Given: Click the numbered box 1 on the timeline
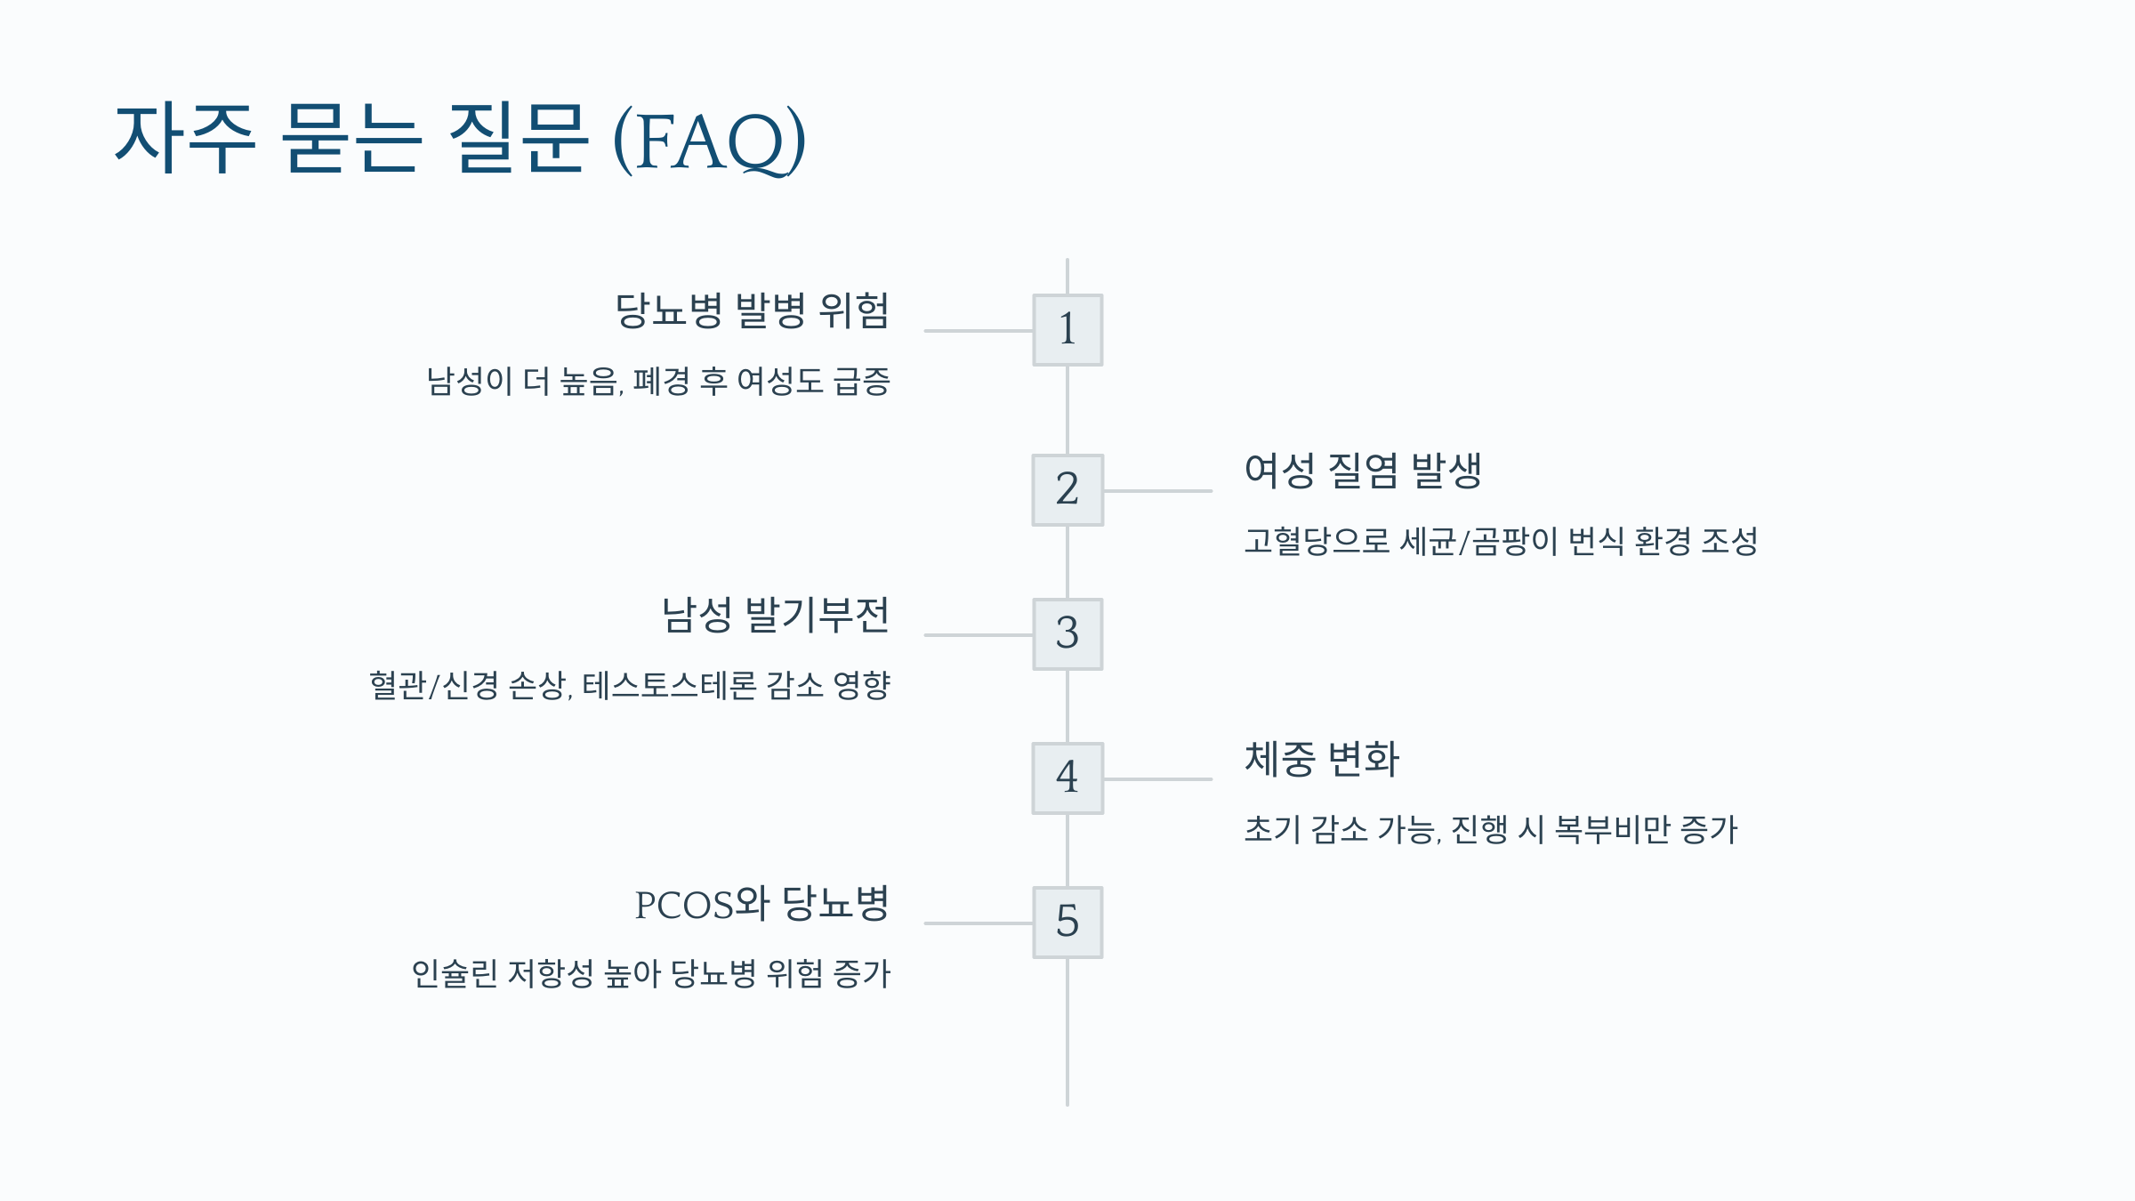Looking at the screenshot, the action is tap(1067, 330).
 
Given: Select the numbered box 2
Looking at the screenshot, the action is tap(1067, 490).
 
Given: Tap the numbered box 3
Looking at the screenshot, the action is tap(1067, 634).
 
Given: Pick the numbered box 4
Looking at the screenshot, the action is tap(1067, 778).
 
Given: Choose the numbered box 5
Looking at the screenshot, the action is tap(1067, 923).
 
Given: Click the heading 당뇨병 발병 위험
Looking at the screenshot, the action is tap(753, 310).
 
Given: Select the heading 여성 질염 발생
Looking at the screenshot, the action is tap(1363, 471).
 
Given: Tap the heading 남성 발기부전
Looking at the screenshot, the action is tap(776, 615).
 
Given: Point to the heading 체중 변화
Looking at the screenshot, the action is tap(1322, 759).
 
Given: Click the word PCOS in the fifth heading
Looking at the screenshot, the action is tap(685, 906).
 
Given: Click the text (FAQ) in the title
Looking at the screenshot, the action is tap(710, 141).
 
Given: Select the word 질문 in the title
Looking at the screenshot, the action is tap(518, 138).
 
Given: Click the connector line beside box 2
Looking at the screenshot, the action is tap(1157, 490).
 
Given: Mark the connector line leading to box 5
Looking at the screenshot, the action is tap(978, 923).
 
